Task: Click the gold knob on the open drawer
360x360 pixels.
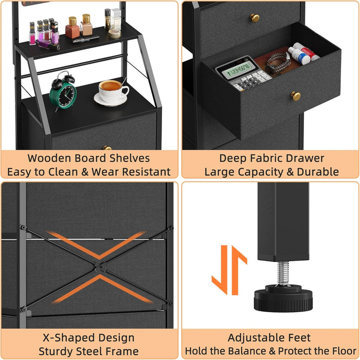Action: (x=296, y=96)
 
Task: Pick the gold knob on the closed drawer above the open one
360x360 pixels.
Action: (x=255, y=18)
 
